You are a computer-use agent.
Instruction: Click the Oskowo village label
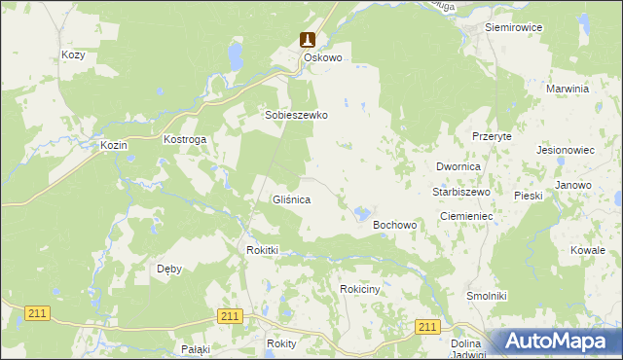coord(323,57)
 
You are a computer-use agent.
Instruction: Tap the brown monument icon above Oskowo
coord(308,40)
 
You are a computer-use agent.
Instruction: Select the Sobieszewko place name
coord(297,115)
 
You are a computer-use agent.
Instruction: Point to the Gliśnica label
coord(291,199)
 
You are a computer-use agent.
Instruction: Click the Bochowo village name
coord(395,225)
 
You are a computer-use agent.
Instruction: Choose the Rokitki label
coord(263,250)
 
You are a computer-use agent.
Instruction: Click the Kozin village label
coord(115,145)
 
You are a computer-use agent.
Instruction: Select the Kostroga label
coord(185,140)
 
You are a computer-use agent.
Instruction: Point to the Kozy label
coord(73,55)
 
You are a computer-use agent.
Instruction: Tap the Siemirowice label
coord(513,27)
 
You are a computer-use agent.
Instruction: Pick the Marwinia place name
coord(569,88)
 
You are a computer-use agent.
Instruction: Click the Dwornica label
coord(458,167)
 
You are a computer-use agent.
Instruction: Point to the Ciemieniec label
coord(468,215)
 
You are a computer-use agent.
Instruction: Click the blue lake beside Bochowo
coord(362,212)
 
